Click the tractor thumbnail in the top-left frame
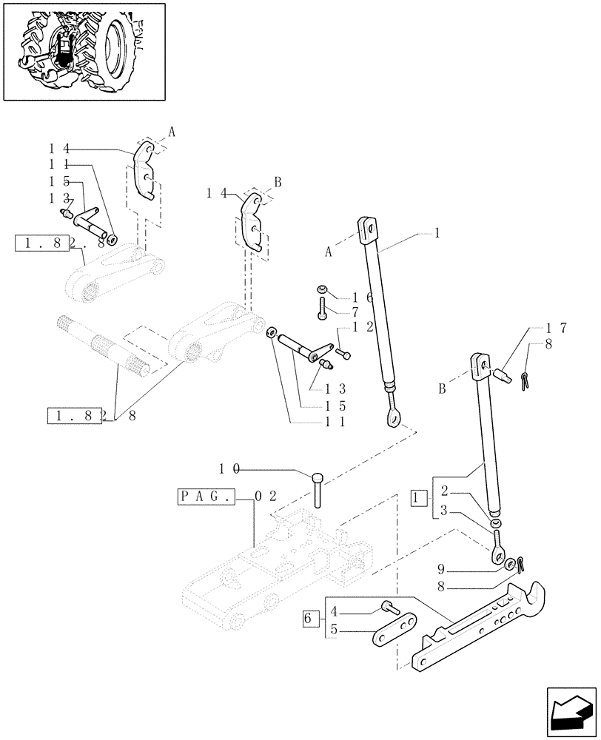tap(84, 52)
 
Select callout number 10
tap(229, 469)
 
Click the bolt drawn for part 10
tap(318, 488)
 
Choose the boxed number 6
tap(310, 616)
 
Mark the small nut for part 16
tap(322, 289)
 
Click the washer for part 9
tap(511, 565)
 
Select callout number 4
tap(334, 612)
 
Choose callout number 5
tap(334, 631)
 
